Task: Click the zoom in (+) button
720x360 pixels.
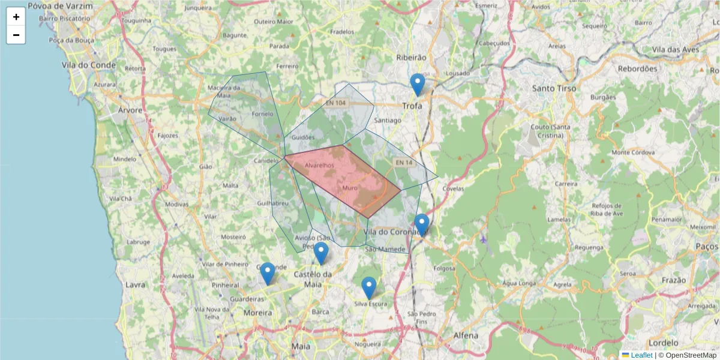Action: coord(16,17)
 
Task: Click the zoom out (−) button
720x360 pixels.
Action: coord(16,35)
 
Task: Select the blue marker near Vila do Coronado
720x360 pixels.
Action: coord(422,225)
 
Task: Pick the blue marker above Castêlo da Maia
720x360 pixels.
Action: coord(322,253)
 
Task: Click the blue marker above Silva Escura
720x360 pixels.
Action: coord(369,288)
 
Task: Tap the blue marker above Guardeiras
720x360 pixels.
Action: coord(268,274)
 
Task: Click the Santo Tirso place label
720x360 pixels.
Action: coord(554,88)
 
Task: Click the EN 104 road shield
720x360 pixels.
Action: coord(336,103)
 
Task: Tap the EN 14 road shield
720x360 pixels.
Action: coord(403,163)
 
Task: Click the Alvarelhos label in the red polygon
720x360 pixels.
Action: coord(319,165)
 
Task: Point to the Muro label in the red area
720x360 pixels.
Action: coord(349,188)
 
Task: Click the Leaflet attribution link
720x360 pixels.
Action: coord(641,355)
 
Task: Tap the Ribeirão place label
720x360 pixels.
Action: coord(411,57)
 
